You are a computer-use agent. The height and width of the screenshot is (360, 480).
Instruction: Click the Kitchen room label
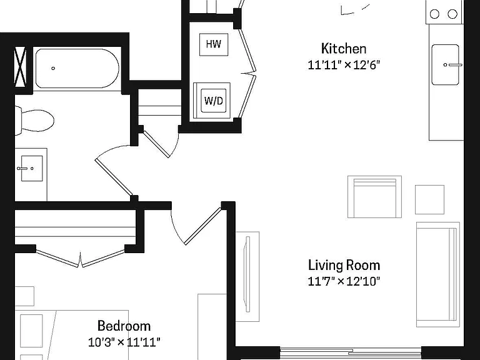(344, 49)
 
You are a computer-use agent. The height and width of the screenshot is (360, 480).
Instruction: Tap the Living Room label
(344, 265)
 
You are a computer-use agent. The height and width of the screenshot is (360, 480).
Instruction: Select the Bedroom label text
(124, 326)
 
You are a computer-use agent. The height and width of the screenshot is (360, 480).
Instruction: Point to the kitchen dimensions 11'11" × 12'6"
(344, 65)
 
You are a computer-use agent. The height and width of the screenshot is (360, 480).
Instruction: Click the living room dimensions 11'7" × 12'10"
(344, 281)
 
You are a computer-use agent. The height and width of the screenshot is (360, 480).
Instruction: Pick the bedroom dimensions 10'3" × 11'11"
(124, 342)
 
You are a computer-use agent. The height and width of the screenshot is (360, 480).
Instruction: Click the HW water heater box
(214, 44)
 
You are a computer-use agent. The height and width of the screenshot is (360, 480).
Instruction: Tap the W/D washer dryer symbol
(213, 101)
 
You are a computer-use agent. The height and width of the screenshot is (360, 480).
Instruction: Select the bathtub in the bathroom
(77, 68)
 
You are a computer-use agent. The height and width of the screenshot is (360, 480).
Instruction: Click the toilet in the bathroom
(34, 120)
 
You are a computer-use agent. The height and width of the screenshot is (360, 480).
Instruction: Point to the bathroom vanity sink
(31, 168)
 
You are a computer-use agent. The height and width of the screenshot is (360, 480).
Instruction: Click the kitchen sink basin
(446, 64)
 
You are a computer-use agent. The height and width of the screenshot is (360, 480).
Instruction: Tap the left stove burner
(434, 14)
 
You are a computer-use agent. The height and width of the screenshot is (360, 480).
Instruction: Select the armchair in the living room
(374, 197)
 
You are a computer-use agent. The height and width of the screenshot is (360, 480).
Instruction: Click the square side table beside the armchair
(429, 199)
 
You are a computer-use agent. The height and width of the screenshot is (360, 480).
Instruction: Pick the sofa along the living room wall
(437, 274)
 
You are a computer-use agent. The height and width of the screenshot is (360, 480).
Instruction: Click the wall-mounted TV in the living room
(247, 274)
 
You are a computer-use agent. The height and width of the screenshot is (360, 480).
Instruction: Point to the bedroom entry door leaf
(202, 226)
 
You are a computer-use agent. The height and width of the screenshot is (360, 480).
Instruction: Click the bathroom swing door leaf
(114, 177)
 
